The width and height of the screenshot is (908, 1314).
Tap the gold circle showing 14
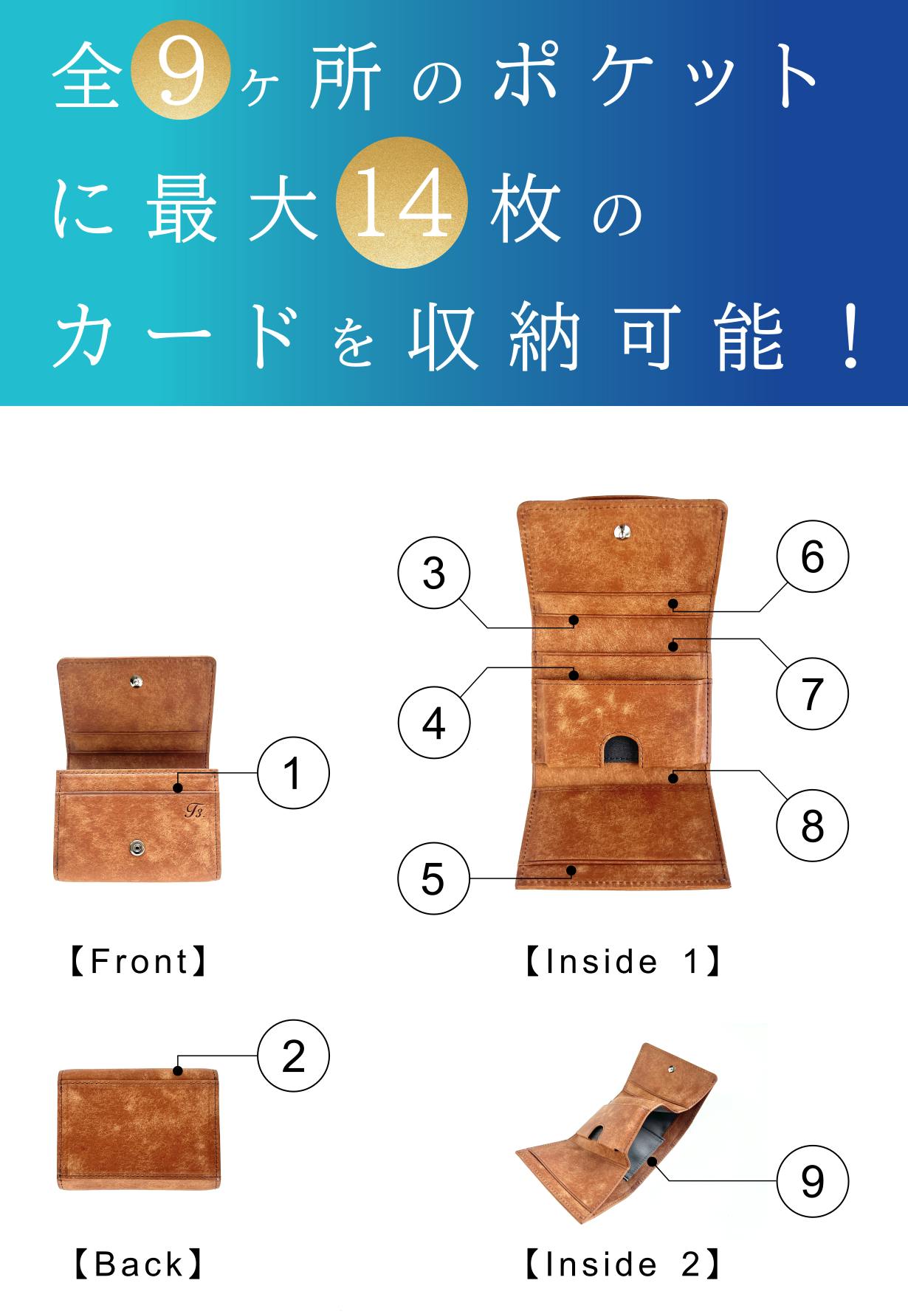point(402,202)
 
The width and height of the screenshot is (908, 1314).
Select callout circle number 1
point(293,773)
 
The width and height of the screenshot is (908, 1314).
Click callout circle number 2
point(293,1056)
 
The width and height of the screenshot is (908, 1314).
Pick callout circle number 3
point(434,573)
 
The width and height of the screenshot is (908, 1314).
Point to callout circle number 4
point(434,723)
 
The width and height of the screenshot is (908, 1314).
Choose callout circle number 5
point(434,878)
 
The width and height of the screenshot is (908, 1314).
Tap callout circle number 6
point(813,556)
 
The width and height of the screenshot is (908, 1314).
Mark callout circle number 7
point(813,694)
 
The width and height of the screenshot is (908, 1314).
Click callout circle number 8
point(813,825)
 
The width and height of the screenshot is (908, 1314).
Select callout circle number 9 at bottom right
point(813,1181)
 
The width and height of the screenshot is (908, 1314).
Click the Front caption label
point(139,961)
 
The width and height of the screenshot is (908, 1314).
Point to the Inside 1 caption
point(622,961)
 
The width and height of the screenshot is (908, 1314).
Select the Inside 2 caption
point(622,1264)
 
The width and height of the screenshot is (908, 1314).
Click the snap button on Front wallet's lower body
point(137,849)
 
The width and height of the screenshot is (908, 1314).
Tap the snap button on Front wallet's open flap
point(135,682)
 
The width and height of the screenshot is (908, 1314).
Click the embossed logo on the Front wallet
point(194,811)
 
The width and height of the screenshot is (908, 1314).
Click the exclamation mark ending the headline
point(851,336)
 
